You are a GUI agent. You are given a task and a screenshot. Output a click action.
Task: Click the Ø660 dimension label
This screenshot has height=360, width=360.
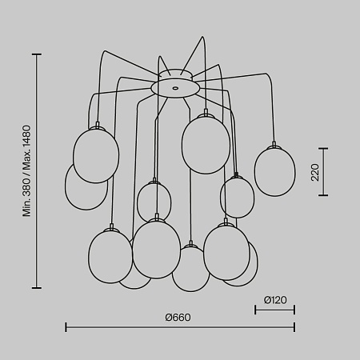coord(178,318)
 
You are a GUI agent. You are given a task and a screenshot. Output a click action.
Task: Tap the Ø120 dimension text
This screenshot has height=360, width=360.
coord(275,300)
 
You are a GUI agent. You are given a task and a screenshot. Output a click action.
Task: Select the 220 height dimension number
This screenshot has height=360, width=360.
coord(315,172)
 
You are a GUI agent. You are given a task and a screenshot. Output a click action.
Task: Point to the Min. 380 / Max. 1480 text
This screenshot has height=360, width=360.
coord(26,171)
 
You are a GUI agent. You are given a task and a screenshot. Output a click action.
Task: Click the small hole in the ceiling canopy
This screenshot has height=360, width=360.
coord(175,87)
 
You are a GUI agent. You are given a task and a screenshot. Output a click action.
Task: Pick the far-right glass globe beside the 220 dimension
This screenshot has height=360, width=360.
coord(274,172)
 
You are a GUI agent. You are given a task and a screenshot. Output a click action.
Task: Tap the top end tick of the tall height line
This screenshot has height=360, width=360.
coord(37,54)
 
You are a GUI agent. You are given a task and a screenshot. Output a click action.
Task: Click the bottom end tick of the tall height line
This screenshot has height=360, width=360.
coord(37,288)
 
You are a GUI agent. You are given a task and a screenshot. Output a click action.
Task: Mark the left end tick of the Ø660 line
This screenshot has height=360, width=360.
coord(66,327)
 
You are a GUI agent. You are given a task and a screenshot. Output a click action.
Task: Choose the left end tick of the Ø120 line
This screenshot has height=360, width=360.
coord(255,310)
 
